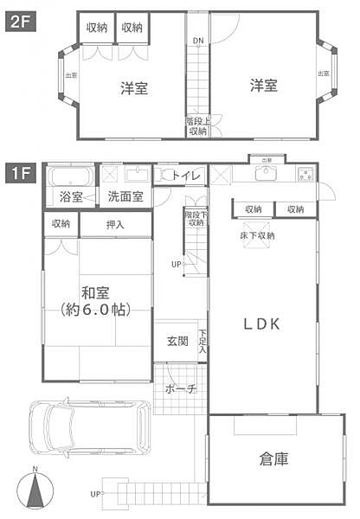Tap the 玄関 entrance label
[177, 341]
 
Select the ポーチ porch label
[179, 389]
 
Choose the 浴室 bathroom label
[71, 197]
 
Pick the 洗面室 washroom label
[126, 197]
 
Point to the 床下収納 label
[257, 235]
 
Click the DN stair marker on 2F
[198, 41]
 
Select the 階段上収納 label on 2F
[197, 126]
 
